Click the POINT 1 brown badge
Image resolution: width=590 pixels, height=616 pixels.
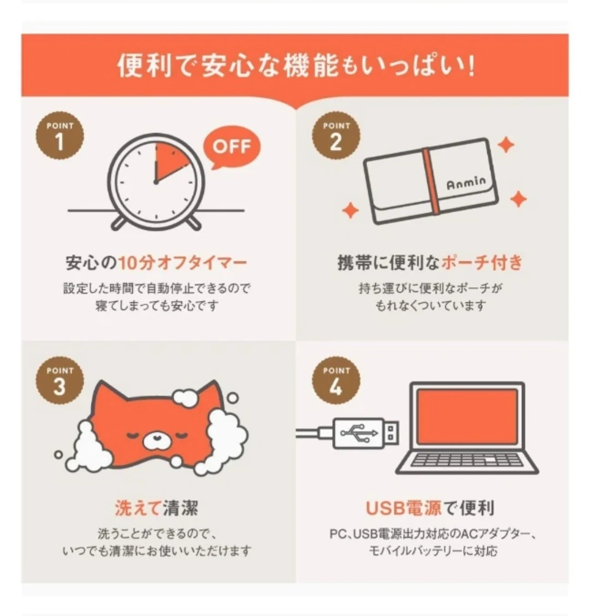(x=60, y=135)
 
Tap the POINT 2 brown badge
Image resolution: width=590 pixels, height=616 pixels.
(x=336, y=135)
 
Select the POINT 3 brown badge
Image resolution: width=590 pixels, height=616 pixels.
(x=60, y=380)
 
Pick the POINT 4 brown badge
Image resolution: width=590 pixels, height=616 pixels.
(x=336, y=380)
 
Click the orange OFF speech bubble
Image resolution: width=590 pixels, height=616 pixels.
(x=232, y=147)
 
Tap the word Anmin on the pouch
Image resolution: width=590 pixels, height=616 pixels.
(x=467, y=183)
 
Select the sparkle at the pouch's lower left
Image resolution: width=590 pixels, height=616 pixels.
(x=351, y=210)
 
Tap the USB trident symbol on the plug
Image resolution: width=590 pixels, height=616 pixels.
(x=359, y=433)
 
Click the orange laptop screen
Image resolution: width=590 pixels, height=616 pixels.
(x=468, y=416)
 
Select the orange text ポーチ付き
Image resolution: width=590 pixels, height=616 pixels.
(x=482, y=263)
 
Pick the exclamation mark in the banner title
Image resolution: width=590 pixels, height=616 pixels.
(x=471, y=66)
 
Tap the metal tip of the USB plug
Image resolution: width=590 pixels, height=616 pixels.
(x=391, y=433)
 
